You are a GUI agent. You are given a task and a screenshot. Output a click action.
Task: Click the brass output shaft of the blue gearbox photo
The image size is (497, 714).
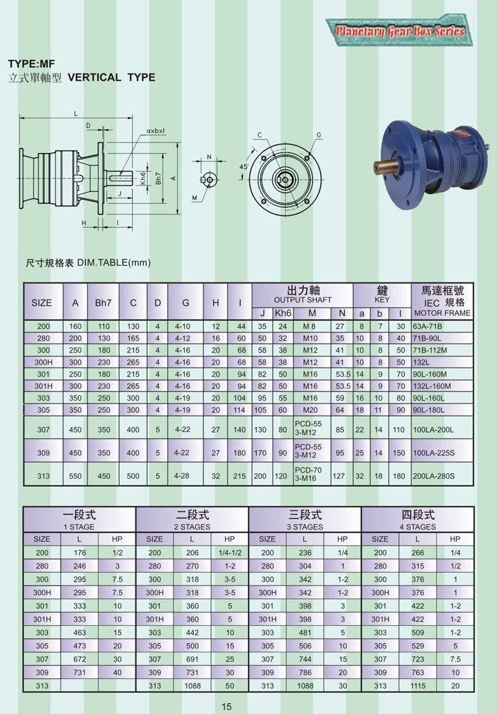coord(386,167)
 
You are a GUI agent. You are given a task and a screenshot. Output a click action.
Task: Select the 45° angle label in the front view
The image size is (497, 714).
coord(244,166)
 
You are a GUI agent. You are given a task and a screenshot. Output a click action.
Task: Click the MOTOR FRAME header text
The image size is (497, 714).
coord(442,313)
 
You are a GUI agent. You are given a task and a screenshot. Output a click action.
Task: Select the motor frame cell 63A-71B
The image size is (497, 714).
coord(429,326)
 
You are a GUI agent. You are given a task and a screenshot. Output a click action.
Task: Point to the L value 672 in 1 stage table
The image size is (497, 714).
coord(79,659)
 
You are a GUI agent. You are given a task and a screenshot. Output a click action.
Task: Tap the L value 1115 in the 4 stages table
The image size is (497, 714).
coord(417,685)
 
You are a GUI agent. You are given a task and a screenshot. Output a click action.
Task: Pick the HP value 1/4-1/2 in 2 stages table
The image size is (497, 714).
coord(229,553)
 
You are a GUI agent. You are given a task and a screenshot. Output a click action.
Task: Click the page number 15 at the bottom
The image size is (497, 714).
coord(226,706)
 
